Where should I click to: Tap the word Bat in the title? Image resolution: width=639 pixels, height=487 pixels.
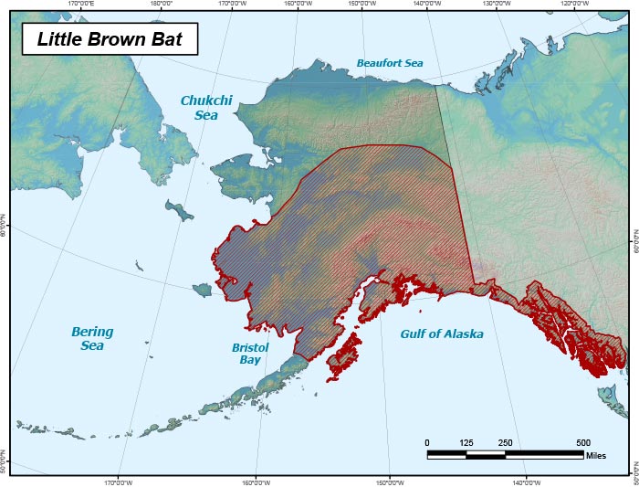click(167, 40)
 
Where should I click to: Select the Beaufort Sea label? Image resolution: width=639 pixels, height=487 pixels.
click(390, 63)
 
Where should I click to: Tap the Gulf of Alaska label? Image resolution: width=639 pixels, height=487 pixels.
click(442, 334)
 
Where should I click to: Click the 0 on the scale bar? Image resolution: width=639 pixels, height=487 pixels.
click(427, 442)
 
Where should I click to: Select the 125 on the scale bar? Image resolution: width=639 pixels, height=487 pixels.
click(466, 442)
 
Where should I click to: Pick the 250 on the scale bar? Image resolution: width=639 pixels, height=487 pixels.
click(506, 442)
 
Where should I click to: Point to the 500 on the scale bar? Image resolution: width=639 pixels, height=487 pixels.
click(583, 442)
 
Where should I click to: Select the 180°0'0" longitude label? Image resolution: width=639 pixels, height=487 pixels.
click(161, 4)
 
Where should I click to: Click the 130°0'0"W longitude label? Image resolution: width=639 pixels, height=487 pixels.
click(498, 4)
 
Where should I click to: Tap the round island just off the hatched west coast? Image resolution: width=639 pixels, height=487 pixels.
click(202, 290)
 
